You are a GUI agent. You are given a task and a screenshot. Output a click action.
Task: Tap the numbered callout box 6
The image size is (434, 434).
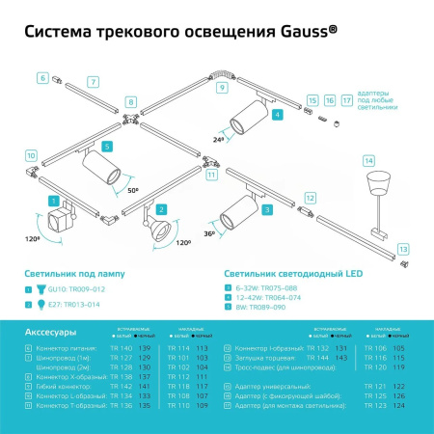click(42, 76)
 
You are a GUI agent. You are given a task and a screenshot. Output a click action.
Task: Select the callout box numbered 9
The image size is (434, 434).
click(221, 88)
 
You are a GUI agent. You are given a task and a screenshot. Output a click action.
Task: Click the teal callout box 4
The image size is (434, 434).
click(278, 115)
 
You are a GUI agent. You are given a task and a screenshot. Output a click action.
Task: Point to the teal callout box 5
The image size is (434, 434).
click(107, 146)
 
